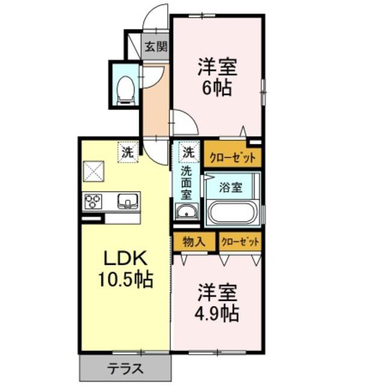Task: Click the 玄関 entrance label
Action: click(x=156, y=46)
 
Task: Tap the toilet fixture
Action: click(x=126, y=90)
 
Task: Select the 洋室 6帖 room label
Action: click(x=217, y=77)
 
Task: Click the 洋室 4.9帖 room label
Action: click(x=217, y=303)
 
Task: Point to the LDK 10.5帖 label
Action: click(x=126, y=269)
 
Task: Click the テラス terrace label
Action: click(x=125, y=369)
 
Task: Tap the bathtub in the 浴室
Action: click(x=232, y=212)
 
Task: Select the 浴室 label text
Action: click(x=230, y=188)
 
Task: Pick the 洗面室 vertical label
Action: click(x=186, y=183)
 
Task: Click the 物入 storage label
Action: click(x=194, y=242)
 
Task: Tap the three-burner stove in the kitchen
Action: click(x=93, y=201)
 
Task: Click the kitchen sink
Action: click(x=127, y=201)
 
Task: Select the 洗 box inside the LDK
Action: click(x=128, y=153)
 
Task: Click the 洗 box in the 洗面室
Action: click(x=189, y=153)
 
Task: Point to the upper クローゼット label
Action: click(x=232, y=158)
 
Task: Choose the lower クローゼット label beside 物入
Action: click(x=240, y=242)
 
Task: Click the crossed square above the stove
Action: click(x=93, y=171)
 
